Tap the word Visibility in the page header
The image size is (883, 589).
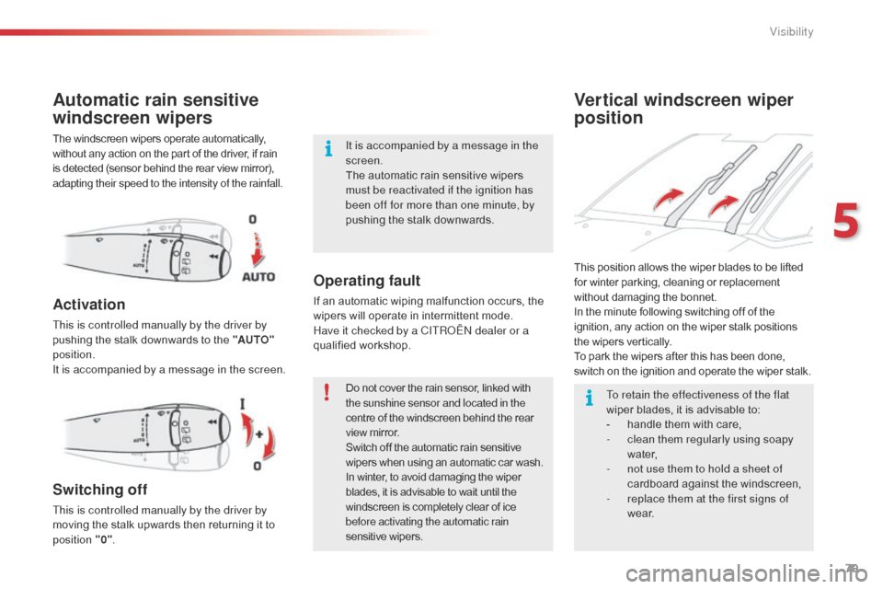pyautogui.click(x=791, y=32)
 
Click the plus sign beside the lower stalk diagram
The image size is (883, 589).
pyautogui.click(x=261, y=433)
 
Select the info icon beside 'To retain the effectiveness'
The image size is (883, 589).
pyautogui.click(x=590, y=398)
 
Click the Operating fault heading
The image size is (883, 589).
pyautogui.click(x=366, y=281)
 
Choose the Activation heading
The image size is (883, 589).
pyautogui.click(x=89, y=305)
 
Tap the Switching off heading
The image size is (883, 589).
pyautogui.click(x=99, y=490)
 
